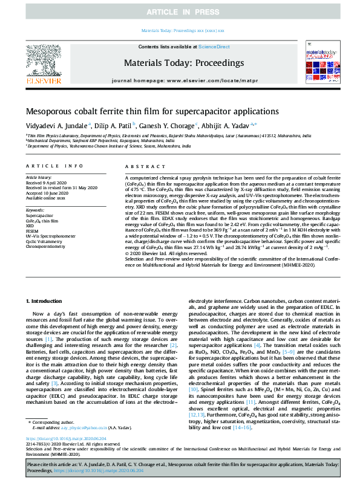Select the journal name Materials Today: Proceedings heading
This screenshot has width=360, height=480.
(x=180, y=62)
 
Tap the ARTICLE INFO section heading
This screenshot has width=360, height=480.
(x=54, y=166)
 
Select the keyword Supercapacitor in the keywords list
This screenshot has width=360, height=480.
(x=39, y=215)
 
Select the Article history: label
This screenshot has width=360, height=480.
(x=39, y=178)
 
